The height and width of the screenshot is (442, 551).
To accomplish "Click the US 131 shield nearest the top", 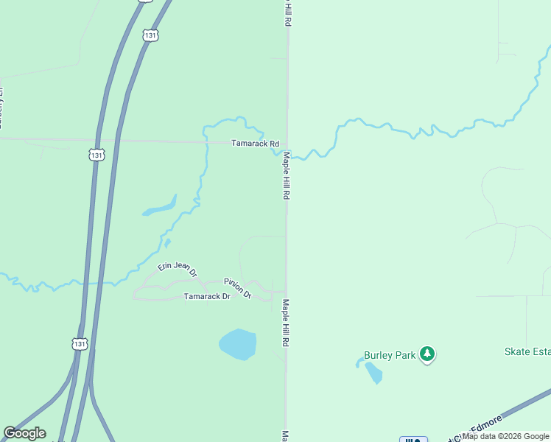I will [x=150, y=35].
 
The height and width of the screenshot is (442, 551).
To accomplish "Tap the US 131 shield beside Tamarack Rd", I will [x=96, y=155].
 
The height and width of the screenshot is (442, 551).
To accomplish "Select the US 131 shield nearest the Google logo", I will [x=80, y=344].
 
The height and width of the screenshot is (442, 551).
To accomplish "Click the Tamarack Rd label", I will [x=256, y=144].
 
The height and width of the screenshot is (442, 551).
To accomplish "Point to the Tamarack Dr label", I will [x=207, y=296].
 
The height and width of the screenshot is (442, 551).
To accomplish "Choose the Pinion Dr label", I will [x=238, y=288].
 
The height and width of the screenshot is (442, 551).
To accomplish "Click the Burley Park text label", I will [x=390, y=355].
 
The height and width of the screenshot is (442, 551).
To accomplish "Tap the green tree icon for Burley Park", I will [x=427, y=354].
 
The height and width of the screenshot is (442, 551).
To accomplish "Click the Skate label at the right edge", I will [x=527, y=351].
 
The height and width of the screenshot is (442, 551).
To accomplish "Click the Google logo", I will [x=24, y=433].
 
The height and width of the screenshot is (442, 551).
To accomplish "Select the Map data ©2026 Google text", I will [x=505, y=436].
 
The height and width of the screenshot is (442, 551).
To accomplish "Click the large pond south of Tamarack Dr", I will [x=238, y=345].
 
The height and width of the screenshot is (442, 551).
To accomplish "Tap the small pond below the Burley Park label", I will [x=373, y=373].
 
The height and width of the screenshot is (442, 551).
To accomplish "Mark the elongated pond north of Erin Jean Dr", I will [x=161, y=207].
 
